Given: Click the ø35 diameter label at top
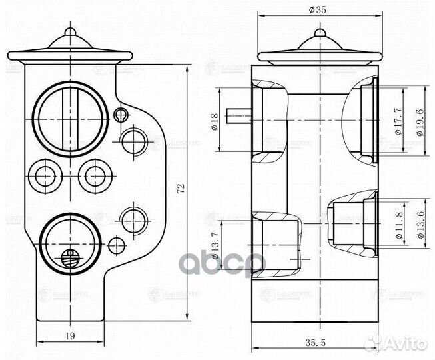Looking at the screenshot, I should coord(318,9).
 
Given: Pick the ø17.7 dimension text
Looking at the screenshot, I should coord(398,123).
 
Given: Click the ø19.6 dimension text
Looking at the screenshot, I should coord(418,123).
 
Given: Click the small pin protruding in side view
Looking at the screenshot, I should coord(238,117).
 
